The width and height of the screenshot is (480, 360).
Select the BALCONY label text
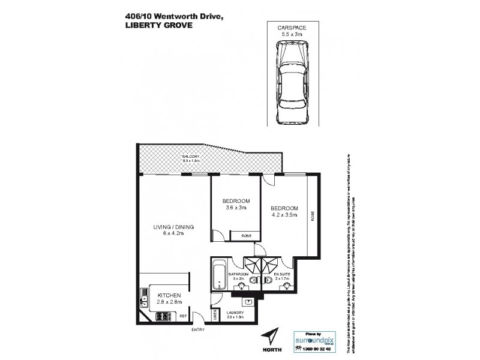(x=191, y=159)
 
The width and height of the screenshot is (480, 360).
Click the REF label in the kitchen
(x=183, y=316)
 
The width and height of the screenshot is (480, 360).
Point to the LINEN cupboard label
(x=214, y=316)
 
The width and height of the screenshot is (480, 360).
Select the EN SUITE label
(x=283, y=275)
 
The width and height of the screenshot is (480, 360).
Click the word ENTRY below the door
(x=197, y=330)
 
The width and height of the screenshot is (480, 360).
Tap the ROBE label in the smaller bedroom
(x=246, y=236)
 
